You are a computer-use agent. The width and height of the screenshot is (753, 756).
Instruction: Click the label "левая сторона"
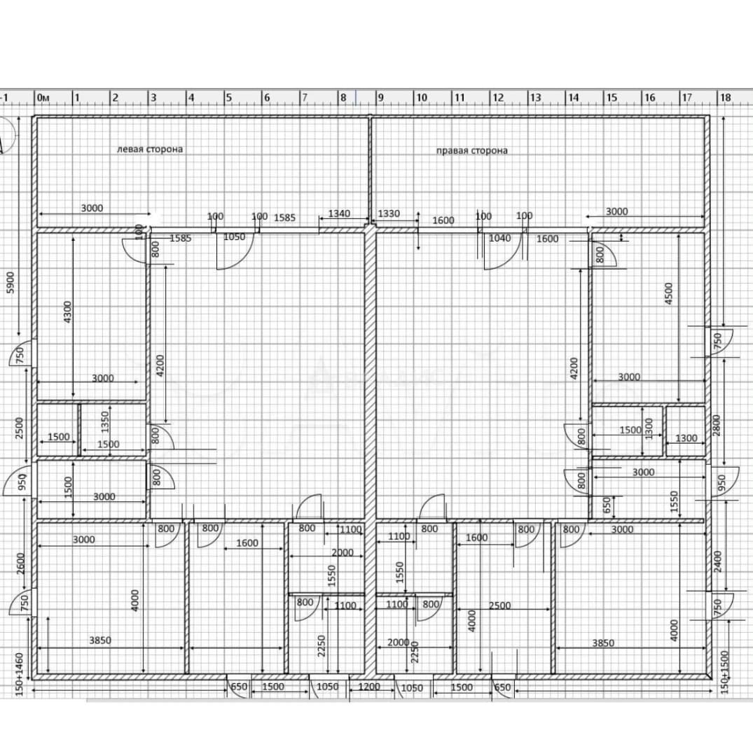tap(150, 149)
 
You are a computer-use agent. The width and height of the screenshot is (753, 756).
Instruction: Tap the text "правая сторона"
tap(472, 150)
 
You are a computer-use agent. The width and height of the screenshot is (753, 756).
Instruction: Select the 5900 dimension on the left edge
tap(10, 283)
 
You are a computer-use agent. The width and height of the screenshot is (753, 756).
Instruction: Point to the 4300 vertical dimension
tap(67, 312)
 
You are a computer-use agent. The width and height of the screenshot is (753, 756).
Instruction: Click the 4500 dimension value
tap(668, 293)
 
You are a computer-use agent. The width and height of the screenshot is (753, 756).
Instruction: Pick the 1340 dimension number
tap(339, 213)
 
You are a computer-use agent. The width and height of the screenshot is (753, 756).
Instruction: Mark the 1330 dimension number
tap(389, 213)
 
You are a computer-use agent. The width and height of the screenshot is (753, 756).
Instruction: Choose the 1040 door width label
tap(499, 238)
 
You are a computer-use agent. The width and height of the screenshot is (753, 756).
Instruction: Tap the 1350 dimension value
tap(105, 422)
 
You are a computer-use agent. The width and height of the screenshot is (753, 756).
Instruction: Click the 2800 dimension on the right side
tap(717, 426)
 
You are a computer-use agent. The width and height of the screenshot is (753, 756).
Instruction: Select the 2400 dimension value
tap(718, 561)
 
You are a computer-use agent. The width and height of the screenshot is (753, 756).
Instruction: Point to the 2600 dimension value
tap(21, 563)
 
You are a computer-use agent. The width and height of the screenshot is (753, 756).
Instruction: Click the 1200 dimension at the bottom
tap(369, 687)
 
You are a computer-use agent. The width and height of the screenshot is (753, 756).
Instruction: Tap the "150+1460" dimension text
tap(20, 674)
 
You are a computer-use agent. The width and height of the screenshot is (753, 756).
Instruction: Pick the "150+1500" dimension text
tap(725, 672)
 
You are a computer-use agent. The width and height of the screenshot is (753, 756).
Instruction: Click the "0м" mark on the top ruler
tap(43, 98)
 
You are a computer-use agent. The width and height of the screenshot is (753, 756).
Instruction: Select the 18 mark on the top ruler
tap(726, 98)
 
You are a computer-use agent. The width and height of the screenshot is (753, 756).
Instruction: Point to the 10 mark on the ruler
tap(422, 98)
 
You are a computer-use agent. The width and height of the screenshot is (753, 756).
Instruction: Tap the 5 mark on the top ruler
tap(229, 98)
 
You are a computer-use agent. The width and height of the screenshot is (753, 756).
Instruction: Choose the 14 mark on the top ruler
tap(574, 98)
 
